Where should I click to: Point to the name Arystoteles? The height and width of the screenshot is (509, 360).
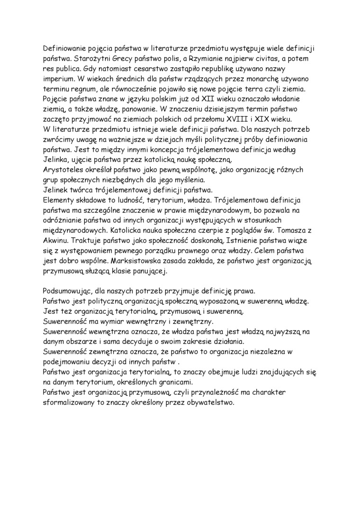[x=64, y=170]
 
